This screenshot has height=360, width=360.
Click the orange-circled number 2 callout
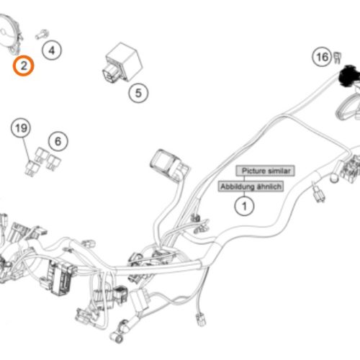[23, 66]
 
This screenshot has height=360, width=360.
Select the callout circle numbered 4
[52, 50]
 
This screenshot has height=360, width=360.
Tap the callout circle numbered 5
[138, 93]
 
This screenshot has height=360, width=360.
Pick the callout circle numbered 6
[58, 141]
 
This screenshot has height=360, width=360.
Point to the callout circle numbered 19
[21, 128]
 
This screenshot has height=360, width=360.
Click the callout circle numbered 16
[322, 57]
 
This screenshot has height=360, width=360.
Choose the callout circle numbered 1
[244, 206]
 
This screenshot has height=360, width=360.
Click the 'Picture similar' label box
[265, 171]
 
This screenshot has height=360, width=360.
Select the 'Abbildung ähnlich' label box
[251, 186]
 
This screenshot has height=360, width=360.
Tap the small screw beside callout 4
[42, 35]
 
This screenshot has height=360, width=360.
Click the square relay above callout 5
[124, 63]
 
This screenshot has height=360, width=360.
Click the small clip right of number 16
[337, 58]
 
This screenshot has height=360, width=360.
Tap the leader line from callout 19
[27, 149]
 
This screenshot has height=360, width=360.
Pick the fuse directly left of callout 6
[40, 156]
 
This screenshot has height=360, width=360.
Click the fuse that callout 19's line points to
[32, 168]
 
